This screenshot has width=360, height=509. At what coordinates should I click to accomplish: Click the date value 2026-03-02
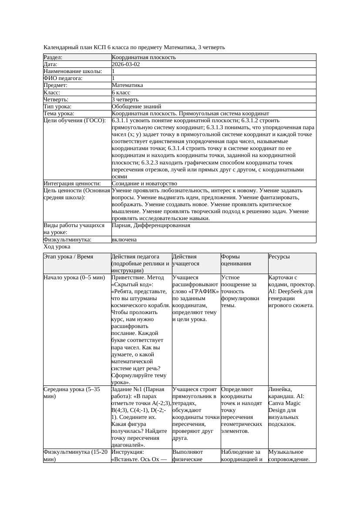click(x=126, y=64)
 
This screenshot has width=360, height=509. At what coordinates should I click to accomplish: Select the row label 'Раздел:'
click(x=53, y=57)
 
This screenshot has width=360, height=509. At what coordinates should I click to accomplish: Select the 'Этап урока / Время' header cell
click(x=68, y=257)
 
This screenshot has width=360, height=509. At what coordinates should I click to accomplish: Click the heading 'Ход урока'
click(x=57, y=246)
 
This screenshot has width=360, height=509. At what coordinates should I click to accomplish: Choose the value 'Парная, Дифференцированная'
click(x=151, y=225)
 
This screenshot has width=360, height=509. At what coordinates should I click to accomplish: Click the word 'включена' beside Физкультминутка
click(x=124, y=239)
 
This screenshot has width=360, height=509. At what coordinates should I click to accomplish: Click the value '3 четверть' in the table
click(x=125, y=99)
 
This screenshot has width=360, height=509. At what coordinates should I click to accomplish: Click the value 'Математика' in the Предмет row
click(x=127, y=85)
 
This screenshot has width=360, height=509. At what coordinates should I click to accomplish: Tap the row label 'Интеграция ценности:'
click(x=72, y=184)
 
